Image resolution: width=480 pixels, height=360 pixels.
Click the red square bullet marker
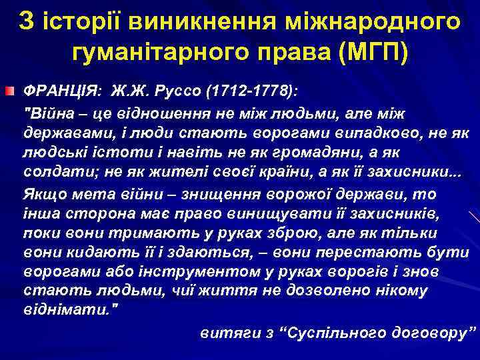[x=10, y=89]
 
